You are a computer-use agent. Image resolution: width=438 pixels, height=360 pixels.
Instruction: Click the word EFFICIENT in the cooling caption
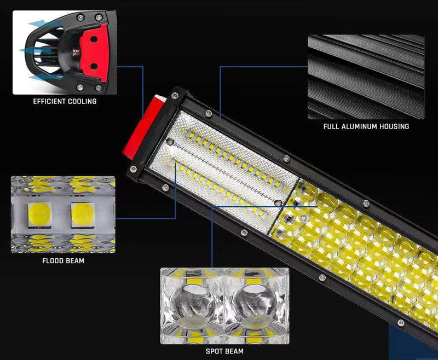tap(49, 102)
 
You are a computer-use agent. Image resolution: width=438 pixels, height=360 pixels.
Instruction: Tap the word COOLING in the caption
tap(82, 102)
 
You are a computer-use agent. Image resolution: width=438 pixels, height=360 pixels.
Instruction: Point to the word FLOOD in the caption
tap(53, 261)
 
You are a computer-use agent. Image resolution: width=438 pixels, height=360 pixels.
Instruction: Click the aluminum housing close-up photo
tap(366, 77)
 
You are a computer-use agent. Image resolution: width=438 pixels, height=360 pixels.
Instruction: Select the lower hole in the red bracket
tap(93, 66)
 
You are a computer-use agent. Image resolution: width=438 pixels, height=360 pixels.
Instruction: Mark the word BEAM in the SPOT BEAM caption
tap(234, 351)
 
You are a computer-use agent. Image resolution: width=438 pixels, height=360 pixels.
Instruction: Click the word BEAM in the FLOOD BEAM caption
tap(75, 261)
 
